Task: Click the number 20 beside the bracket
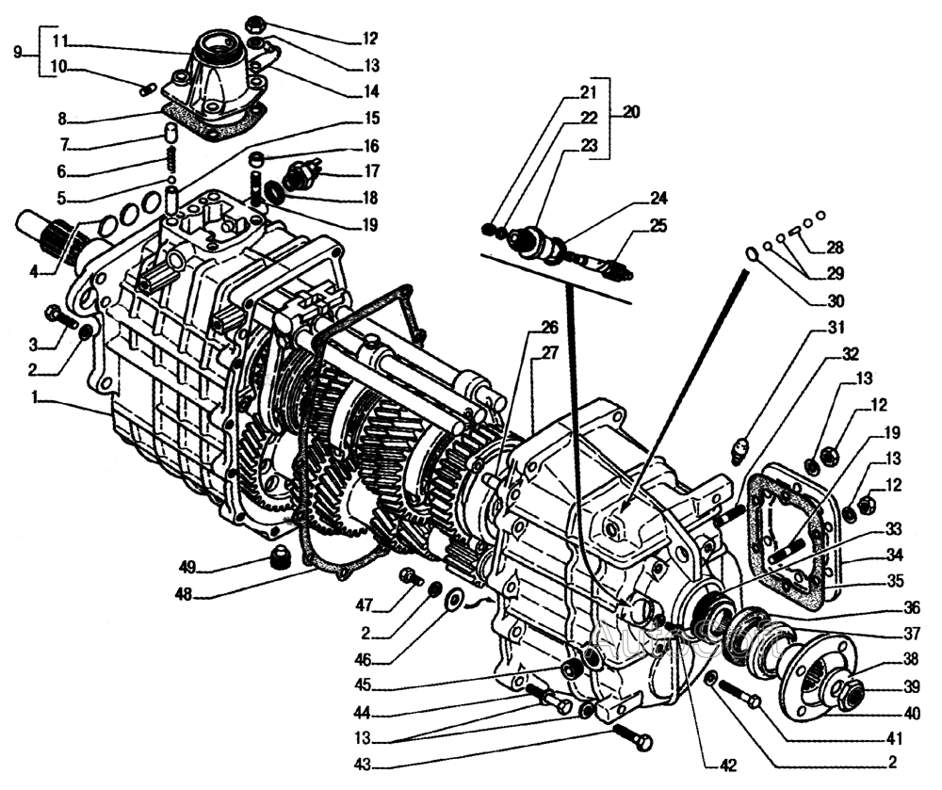(x=630, y=111)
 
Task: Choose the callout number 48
(x=186, y=595)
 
